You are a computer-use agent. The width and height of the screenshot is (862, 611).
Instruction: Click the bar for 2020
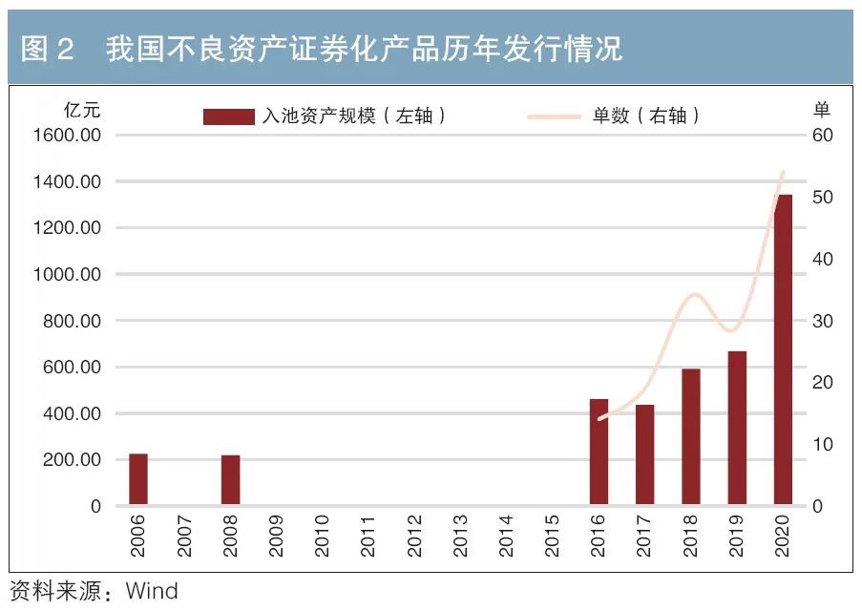point(783,349)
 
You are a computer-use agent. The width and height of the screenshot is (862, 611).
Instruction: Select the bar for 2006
point(138,479)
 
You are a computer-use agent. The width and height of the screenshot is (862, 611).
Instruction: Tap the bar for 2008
point(230,480)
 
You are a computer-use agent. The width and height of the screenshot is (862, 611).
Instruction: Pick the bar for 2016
point(599,452)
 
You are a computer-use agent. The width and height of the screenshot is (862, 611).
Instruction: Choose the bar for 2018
point(691,436)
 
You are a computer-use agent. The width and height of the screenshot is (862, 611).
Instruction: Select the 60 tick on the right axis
point(823,136)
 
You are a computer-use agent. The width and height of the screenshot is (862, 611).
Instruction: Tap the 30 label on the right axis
point(823,321)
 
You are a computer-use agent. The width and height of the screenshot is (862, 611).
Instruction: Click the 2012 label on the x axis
point(414,536)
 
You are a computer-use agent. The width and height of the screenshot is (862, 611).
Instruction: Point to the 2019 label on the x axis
point(736,536)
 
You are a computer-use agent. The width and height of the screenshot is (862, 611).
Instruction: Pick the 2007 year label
point(184,536)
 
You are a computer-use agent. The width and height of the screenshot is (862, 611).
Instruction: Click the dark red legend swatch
point(228,116)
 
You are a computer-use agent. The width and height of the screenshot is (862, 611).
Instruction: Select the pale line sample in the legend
point(554,116)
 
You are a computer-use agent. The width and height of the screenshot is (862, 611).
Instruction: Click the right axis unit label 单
point(821,108)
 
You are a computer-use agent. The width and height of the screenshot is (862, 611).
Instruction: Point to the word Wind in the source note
point(152,591)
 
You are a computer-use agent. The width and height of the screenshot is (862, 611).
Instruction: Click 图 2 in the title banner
point(48,49)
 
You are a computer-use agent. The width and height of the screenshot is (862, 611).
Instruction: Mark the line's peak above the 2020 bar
point(783,173)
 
